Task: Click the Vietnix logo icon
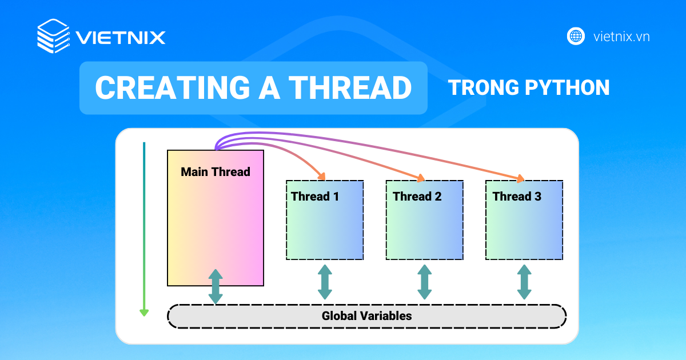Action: click(x=53, y=36)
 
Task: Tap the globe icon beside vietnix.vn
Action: click(x=576, y=36)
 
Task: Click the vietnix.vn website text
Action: click(x=621, y=37)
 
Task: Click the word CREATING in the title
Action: click(x=166, y=88)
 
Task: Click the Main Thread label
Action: click(x=216, y=171)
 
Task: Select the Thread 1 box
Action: click(x=325, y=220)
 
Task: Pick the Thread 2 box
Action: click(x=424, y=220)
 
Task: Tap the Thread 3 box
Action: click(x=524, y=220)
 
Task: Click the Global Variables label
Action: click(x=366, y=315)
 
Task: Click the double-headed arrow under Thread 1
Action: click(x=325, y=282)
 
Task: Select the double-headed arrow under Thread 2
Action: click(x=424, y=282)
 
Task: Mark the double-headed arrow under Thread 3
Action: click(x=524, y=282)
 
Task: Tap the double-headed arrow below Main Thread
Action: click(x=216, y=286)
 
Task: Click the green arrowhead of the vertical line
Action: click(x=144, y=311)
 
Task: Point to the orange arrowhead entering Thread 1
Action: click(x=321, y=176)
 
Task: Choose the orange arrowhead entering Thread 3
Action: click(x=520, y=178)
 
